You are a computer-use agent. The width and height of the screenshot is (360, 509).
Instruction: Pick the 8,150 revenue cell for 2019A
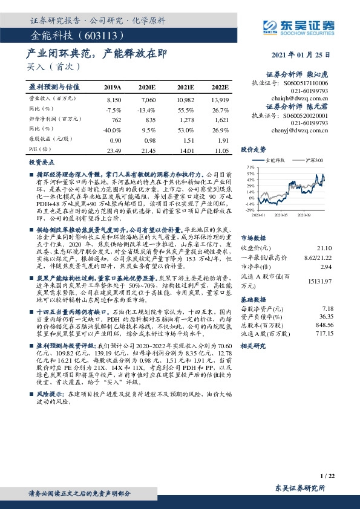(113, 98)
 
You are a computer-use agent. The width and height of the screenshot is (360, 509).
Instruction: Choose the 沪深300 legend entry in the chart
(314, 160)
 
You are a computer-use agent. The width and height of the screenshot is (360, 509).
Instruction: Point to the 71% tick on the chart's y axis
(250, 166)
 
